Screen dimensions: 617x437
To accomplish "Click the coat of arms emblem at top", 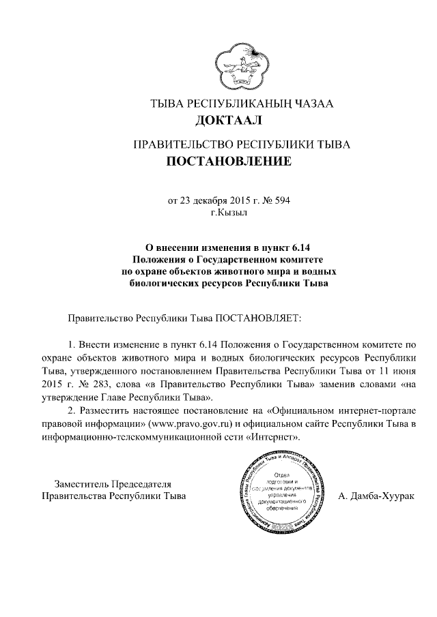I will (238, 66).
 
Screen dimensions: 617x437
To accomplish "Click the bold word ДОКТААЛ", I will (228, 121).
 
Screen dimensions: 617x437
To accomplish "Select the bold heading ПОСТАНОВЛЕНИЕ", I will (228, 162).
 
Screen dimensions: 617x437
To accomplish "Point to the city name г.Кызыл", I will (228, 213).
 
